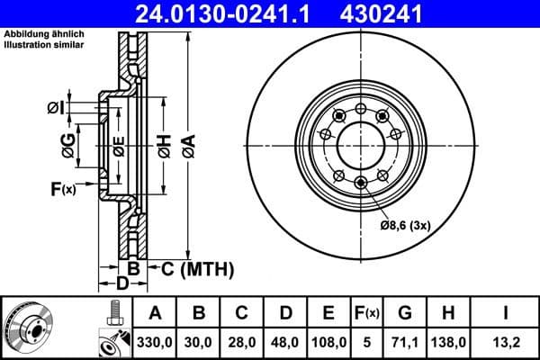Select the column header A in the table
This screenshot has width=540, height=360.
[x=155, y=312]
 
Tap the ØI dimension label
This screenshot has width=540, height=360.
[x=56, y=109]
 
